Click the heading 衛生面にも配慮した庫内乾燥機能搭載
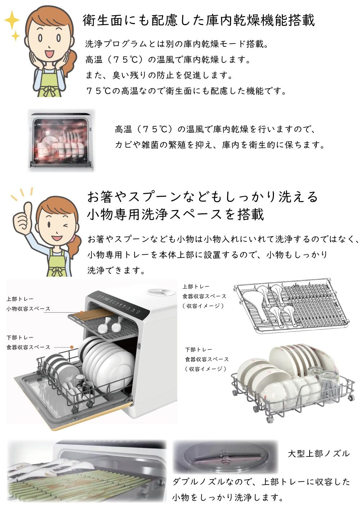(x=198, y=20)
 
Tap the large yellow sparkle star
(x=12, y=20)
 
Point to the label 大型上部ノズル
(x=319, y=454)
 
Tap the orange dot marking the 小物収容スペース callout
(x=82, y=312)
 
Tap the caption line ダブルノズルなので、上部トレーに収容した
(x=261, y=482)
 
